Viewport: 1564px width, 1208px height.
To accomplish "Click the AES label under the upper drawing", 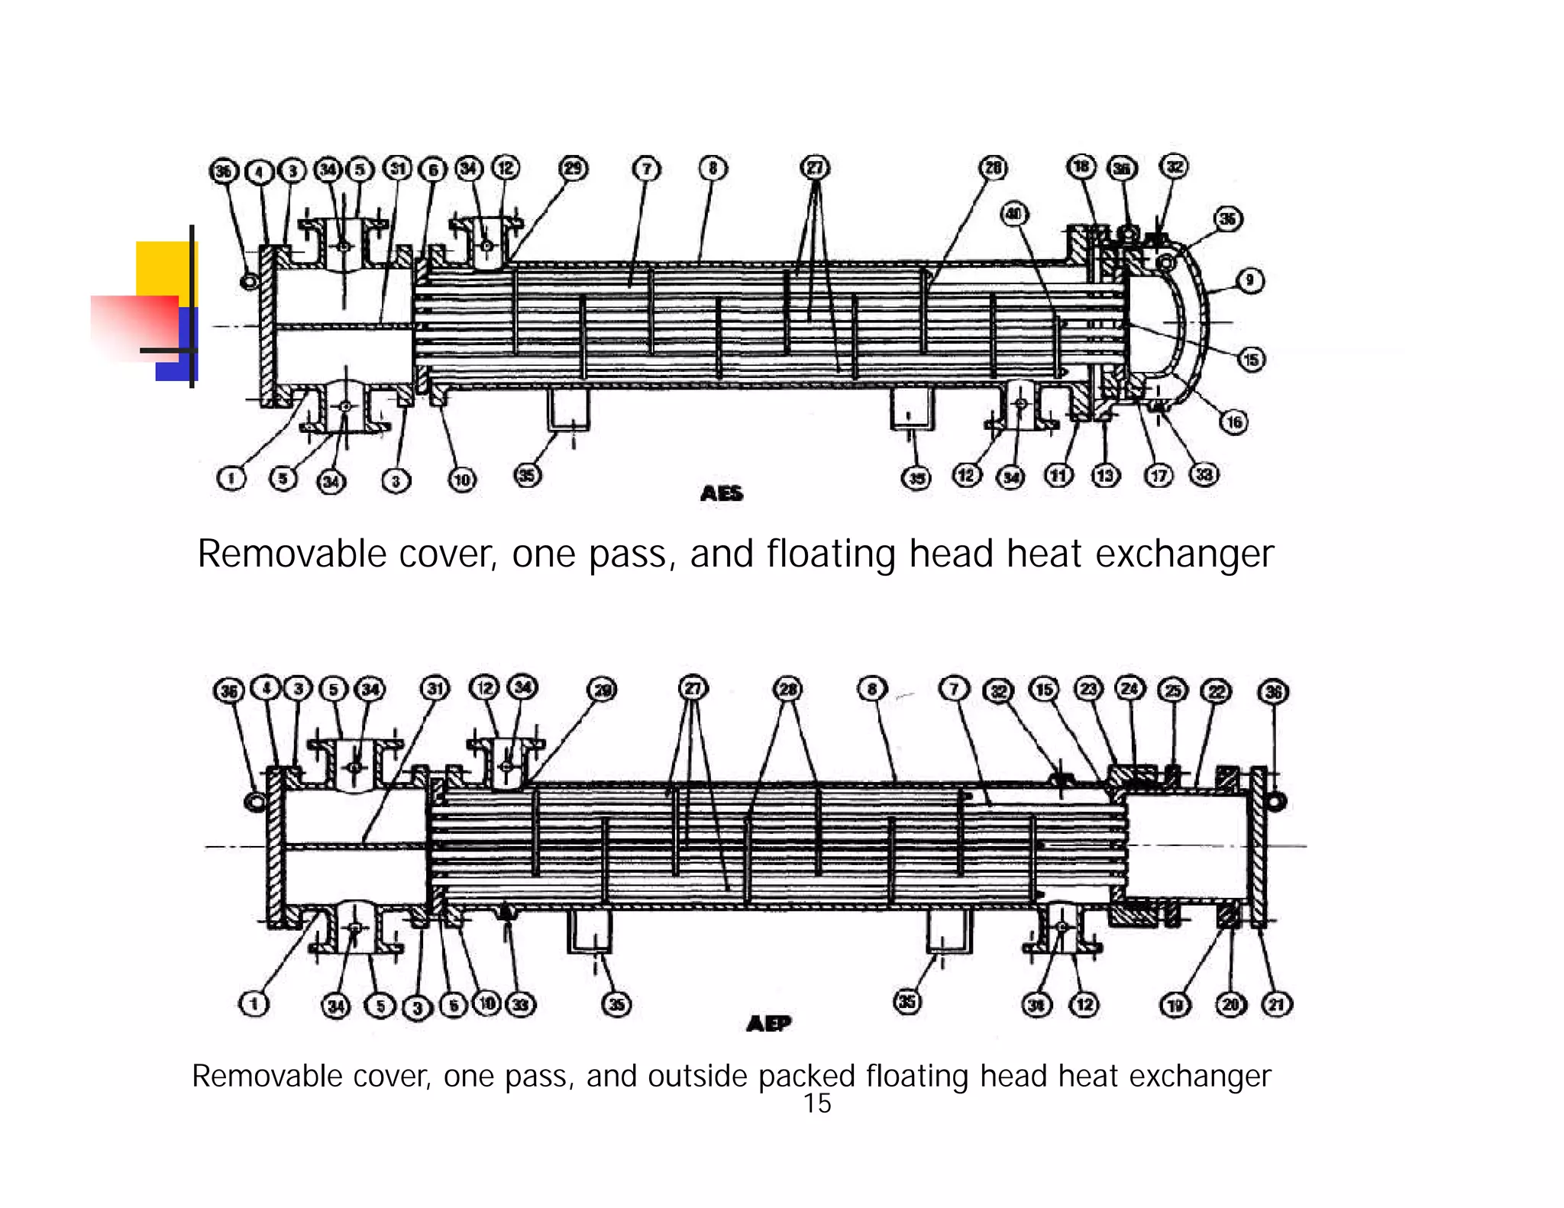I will pyautogui.click(x=721, y=493).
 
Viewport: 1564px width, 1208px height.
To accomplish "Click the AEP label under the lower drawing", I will pyautogui.click(x=768, y=1023).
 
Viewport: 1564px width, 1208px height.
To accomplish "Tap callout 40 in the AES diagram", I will pyautogui.click(x=1014, y=214).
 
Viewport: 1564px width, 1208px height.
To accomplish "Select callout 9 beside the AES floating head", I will pyautogui.click(x=1249, y=280).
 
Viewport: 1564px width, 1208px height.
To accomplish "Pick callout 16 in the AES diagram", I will pyautogui.click(x=1234, y=422).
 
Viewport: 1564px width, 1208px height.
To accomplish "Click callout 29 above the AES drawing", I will pyautogui.click(x=574, y=168).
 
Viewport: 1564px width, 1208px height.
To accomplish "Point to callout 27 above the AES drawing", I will pyautogui.click(x=815, y=168).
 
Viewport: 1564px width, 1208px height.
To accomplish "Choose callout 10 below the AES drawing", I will pyautogui.click(x=462, y=480).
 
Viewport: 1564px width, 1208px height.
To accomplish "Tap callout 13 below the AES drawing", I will pyautogui.click(x=1105, y=476).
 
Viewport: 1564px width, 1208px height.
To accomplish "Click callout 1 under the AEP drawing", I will pyautogui.click(x=254, y=1003).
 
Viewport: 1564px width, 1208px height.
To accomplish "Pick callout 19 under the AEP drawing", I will pyautogui.click(x=1175, y=1005).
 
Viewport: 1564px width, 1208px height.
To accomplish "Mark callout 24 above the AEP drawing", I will pyautogui.click(x=1130, y=689).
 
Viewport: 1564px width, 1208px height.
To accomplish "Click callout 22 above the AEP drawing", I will pyautogui.click(x=1217, y=691).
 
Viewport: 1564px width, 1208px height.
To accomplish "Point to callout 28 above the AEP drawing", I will pyautogui.click(x=787, y=690).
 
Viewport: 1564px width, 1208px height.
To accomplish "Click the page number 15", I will pyautogui.click(x=816, y=1104).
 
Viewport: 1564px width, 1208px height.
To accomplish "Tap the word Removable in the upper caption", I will pyautogui.click(x=291, y=554).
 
